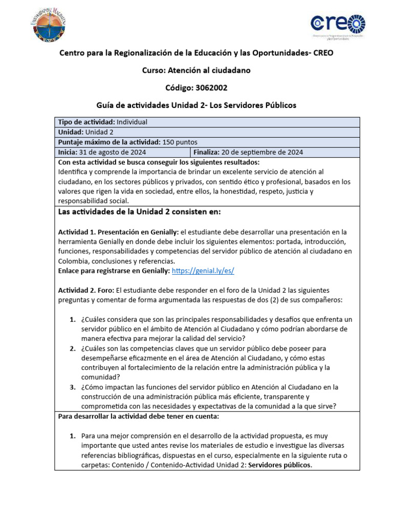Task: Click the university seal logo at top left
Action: [x=50, y=26]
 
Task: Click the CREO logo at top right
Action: [x=338, y=26]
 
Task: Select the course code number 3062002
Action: [x=207, y=88]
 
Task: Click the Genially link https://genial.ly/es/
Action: [x=203, y=271]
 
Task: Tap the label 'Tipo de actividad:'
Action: [x=86, y=122]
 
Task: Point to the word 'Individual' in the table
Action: [x=132, y=122]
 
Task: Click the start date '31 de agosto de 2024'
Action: [x=113, y=152]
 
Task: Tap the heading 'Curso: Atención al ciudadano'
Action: [x=196, y=71]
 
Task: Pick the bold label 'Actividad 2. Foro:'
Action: [x=86, y=290]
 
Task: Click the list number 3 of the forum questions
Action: [x=73, y=387]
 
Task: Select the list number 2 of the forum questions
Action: [x=73, y=348]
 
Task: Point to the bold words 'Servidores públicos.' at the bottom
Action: [x=280, y=465]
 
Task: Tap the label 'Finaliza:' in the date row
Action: [x=206, y=152]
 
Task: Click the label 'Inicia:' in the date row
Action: [x=68, y=152]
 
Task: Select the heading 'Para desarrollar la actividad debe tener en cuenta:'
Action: [x=138, y=416]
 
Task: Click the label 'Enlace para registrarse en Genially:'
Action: [x=114, y=271]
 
